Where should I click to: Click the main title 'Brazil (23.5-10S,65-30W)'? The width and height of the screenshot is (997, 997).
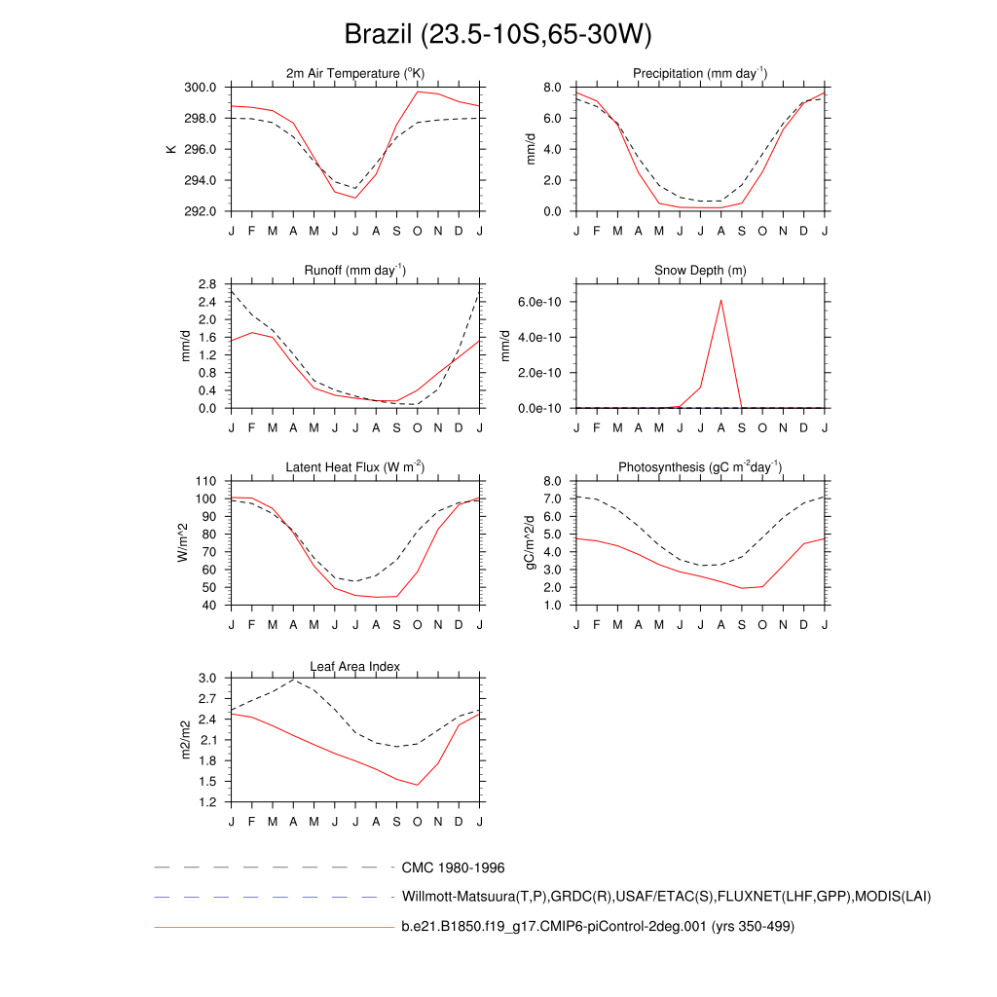(498, 35)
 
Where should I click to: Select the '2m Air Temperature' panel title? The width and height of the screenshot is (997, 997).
(355, 74)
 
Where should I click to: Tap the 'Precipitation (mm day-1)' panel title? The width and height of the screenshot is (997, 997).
(699, 74)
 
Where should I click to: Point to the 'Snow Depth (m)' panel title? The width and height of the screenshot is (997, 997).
(700, 270)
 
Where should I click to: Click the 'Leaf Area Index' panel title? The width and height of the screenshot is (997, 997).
(355, 666)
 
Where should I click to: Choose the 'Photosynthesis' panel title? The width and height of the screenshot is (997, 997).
(700, 468)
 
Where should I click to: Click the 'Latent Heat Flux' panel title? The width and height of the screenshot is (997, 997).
(355, 468)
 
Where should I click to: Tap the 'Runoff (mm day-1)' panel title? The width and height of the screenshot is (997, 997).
(355, 270)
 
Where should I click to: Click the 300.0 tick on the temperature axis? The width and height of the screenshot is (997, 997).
(203, 88)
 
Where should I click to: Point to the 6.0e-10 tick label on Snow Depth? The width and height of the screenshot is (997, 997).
(539, 302)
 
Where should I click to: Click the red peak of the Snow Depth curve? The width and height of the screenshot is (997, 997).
(720, 300)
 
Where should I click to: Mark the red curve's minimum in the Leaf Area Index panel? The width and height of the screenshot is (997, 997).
(418, 785)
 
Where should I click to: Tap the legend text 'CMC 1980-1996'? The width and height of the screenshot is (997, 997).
(453, 867)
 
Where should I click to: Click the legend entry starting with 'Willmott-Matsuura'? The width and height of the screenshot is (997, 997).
(666, 896)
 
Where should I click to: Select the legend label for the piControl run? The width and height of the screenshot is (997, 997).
(598, 927)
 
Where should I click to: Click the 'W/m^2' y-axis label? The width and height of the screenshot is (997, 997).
(182, 543)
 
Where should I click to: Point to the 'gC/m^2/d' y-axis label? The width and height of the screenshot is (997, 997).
(531, 543)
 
